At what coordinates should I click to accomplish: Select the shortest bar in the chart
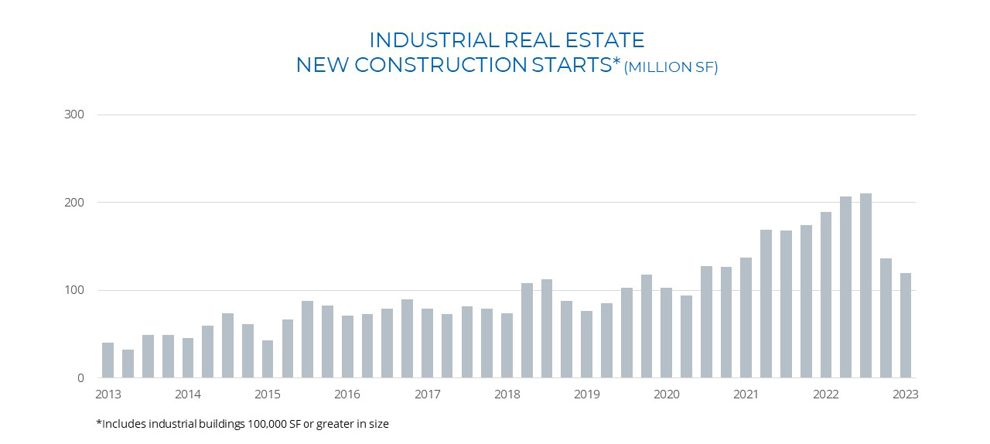tap(128, 364)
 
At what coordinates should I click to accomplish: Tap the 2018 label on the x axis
tap(507, 394)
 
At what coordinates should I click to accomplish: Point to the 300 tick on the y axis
tap(74, 114)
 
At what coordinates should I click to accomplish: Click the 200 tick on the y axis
tap(74, 203)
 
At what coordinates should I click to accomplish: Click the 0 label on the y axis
tap(80, 378)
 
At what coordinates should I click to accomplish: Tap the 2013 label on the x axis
tap(108, 394)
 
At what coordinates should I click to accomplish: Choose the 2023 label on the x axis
tap(905, 394)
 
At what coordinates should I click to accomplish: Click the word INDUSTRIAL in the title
tap(432, 39)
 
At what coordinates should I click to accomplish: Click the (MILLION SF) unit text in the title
tap(671, 67)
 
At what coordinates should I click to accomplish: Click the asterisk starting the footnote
tap(98, 423)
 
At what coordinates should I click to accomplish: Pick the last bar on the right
tap(905, 326)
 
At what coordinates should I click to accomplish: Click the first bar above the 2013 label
tap(108, 360)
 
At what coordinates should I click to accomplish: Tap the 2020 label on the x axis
tap(667, 394)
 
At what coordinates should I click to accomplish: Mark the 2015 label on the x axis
tap(268, 394)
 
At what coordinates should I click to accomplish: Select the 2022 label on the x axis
tap(826, 394)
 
